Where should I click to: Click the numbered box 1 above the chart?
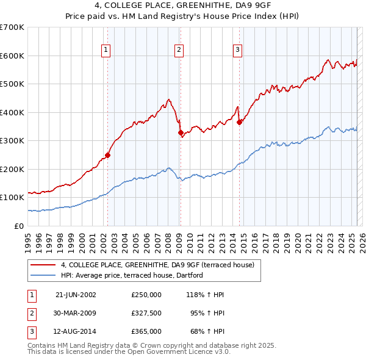[106, 50]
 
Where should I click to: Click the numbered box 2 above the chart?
[179, 50]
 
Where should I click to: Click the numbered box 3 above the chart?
[237, 50]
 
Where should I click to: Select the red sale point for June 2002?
[108, 155]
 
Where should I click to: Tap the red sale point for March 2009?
[181, 132]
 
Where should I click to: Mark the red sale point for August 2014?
[239, 122]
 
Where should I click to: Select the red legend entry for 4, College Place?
[161, 265]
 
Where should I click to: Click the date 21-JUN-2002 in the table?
[76, 294]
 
